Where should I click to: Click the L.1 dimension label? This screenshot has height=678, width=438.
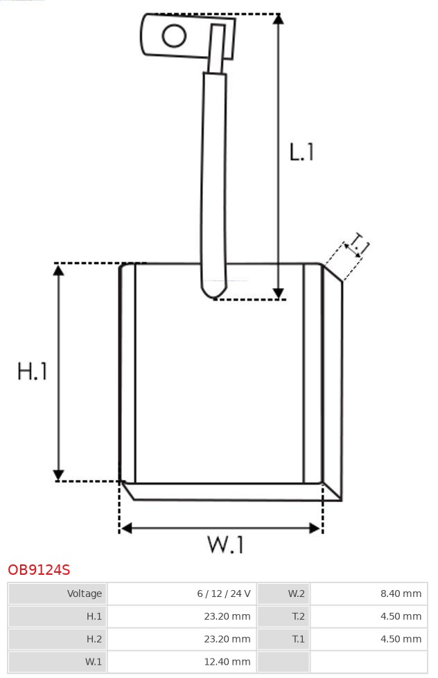click(x=301, y=152)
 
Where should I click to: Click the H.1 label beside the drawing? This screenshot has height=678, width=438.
click(x=32, y=371)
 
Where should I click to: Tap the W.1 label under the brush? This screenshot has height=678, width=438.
click(x=226, y=545)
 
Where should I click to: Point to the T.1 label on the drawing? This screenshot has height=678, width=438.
click(x=358, y=246)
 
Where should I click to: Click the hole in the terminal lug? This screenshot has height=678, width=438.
click(x=175, y=36)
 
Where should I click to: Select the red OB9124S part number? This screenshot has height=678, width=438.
click(x=39, y=570)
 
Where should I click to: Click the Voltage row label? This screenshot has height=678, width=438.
click(x=84, y=594)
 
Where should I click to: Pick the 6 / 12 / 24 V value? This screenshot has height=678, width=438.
click(x=224, y=594)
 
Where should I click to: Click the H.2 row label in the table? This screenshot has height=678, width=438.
click(x=94, y=639)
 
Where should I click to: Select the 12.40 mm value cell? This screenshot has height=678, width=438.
click(x=228, y=661)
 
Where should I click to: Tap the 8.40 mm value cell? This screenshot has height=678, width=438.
click(x=401, y=594)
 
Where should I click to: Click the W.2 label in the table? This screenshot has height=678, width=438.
click(x=296, y=594)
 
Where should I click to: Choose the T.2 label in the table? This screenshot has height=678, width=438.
click(x=298, y=616)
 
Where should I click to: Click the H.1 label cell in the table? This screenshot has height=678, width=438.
click(x=94, y=616)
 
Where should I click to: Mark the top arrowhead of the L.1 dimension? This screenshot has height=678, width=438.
click(x=278, y=19)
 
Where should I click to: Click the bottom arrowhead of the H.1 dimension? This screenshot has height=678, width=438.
click(x=59, y=475)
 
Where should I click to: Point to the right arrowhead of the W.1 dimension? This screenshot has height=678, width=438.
click(x=315, y=528)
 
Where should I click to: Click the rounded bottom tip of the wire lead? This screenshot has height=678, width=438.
click(x=213, y=294)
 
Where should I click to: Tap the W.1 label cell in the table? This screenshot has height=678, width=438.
click(x=93, y=661)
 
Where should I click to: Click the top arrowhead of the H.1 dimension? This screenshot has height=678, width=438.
click(x=59, y=270)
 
